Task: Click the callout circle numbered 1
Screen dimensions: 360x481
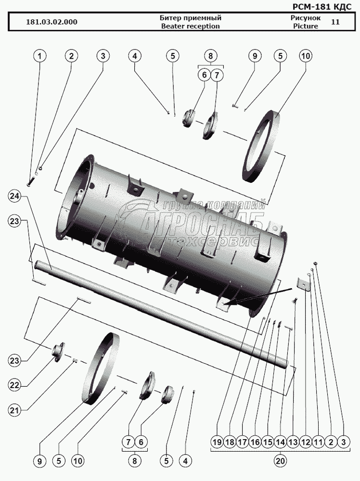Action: tap(40, 56)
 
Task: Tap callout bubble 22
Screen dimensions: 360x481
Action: tap(15, 385)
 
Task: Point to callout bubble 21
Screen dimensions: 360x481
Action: tap(15, 410)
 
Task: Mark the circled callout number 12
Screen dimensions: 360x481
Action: tap(305, 441)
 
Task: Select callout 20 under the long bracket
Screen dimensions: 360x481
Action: tap(280, 460)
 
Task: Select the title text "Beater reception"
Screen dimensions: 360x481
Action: tap(190, 26)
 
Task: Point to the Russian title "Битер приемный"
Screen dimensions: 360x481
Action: tap(190, 18)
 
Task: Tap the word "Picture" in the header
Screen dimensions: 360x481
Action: tap(305, 26)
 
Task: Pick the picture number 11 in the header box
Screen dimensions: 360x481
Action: tap(335, 22)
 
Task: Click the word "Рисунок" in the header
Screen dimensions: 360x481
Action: tap(305, 17)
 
